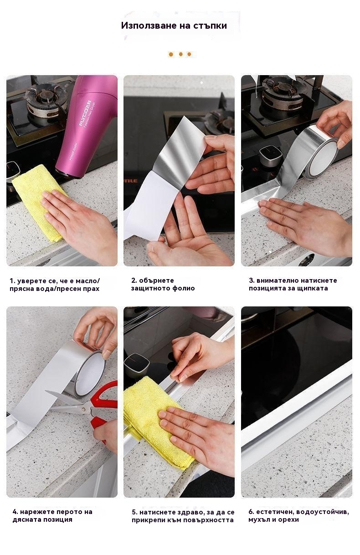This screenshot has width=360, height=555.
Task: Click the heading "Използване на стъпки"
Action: pyautogui.click(x=174, y=26)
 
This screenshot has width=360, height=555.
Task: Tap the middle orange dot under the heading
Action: pyautogui.click(x=181, y=54)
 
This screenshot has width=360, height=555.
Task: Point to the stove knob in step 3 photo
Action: pyautogui.click(x=270, y=156)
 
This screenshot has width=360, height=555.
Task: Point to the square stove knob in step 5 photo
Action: pyautogui.click(x=136, y=366)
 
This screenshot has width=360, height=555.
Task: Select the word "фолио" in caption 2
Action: pyautogui.click(x=183, y=288)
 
